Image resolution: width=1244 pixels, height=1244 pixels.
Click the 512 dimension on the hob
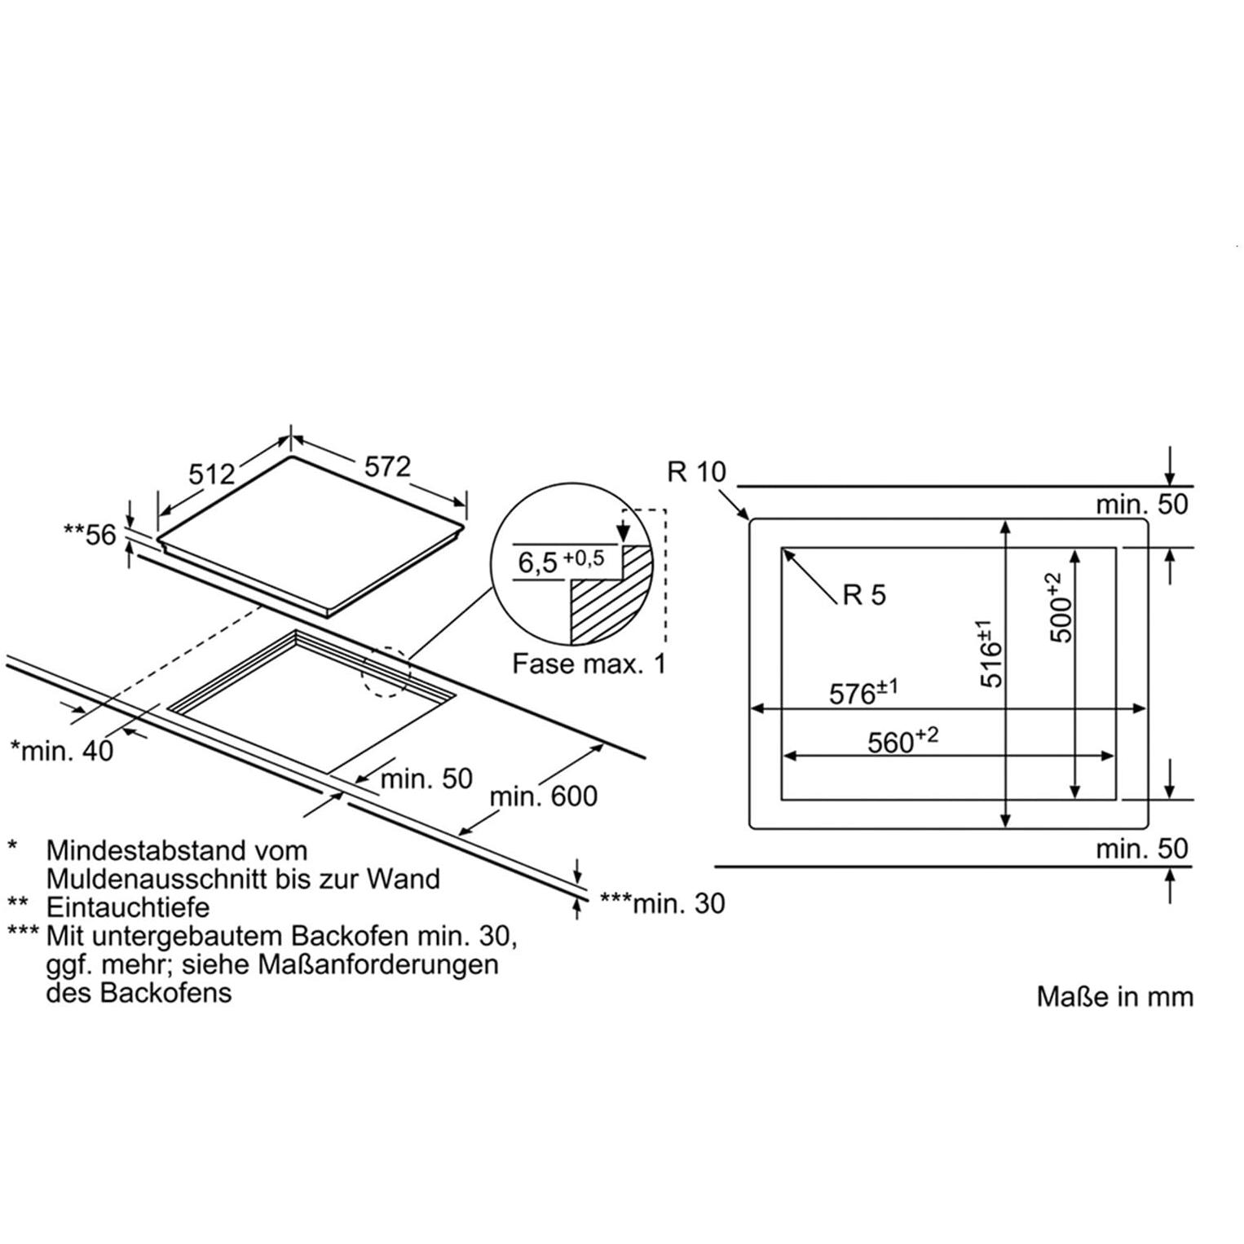pyautogui.click(x=212, y=474)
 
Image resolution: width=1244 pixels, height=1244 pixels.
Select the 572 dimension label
pyautogui.click(x=387, y=466)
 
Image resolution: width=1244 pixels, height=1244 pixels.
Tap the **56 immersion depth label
pyautogui.click(x=90, y=535)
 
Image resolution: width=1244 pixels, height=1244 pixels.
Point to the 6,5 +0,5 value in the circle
pyautogui.click(x=562, y=561)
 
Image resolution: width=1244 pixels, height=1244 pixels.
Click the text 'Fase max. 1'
pyautogui.click(x=589, y=664)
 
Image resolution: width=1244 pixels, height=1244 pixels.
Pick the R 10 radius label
pyautogui.click(x=696, y=471)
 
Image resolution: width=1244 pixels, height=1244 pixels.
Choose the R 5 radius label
pyautogui.click(x=863, y=595)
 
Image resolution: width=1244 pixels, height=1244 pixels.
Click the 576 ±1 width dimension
pyautogui.click(x=863, y=692)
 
